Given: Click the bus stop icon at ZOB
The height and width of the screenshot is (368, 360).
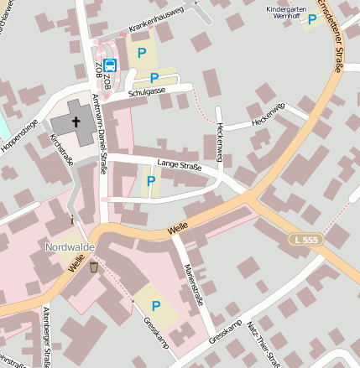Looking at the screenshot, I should click(110, 65).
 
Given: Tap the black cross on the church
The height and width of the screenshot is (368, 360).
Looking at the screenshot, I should click(76, 122).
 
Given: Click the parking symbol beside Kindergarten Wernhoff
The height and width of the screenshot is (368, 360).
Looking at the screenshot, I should click(313, 19).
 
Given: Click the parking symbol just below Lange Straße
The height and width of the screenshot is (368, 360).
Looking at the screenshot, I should click(151, 180).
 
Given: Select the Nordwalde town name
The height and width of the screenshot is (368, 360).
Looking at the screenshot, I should click(68, 248).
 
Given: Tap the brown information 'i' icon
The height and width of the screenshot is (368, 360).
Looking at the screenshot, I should click(72, 220).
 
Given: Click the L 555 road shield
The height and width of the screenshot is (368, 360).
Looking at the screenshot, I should click(306, 240).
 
